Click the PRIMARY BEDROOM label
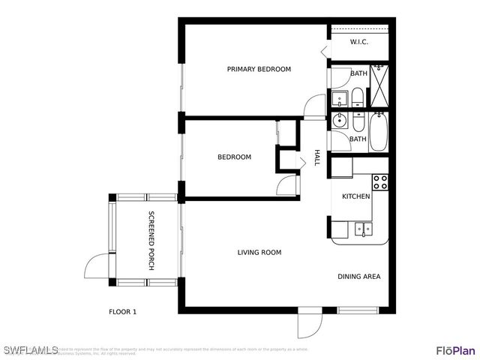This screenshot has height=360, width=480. point(259,69)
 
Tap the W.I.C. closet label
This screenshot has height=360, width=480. point(358,42)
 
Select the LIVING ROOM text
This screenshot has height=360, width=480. point(259,253)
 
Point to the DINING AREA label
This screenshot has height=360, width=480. point(358,277)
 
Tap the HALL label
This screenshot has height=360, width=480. point(317,157)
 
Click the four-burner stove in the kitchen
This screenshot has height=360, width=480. point(380,181)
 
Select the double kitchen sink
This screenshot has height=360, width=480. point(363,229)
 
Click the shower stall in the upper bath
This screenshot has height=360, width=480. point(380,85)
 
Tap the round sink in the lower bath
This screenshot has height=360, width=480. point(339,119)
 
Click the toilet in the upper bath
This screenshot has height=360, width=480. point(358,96)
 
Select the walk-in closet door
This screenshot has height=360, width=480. point(323,50)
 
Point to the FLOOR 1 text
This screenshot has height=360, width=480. point(123,311)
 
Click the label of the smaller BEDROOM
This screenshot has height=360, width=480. point(234,157)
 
